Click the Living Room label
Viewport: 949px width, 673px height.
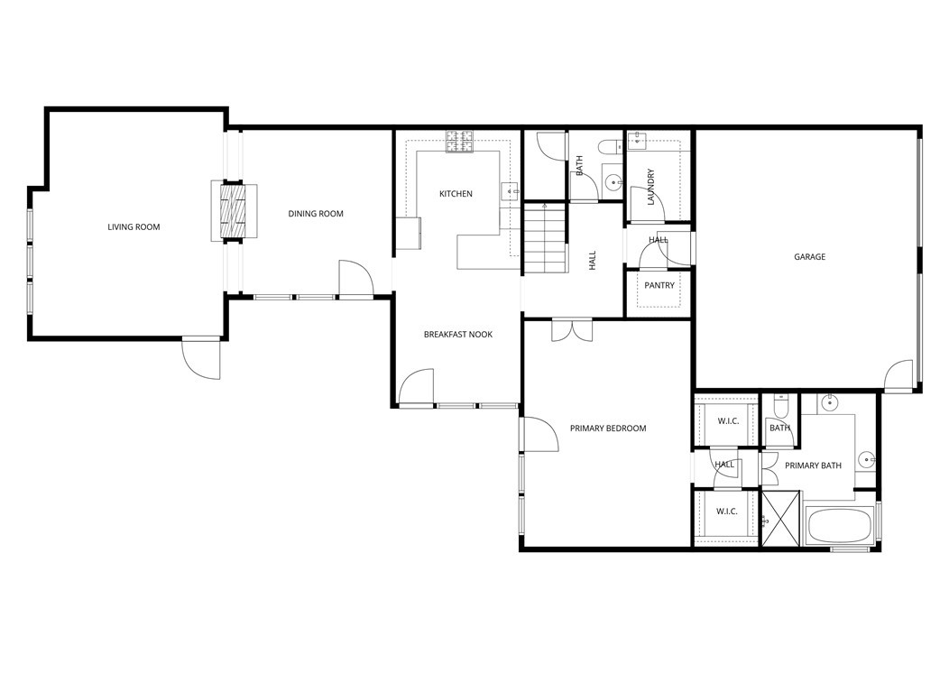click(134, 226)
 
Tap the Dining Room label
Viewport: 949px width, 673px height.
click(316, 214)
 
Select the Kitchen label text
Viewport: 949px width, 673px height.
click(456, 194)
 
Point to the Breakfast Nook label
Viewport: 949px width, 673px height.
click(458, 335)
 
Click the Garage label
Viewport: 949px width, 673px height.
click(809, 257)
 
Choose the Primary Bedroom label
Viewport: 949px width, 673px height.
click(608, 429)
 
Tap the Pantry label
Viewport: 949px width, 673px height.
click(659, 285)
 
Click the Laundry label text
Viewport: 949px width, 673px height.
click(650, 187)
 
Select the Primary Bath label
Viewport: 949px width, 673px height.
click(813, 466)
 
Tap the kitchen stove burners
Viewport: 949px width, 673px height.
click(459, 141)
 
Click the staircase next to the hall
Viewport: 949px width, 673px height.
click(545, 239)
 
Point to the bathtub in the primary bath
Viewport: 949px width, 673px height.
click(838, 527)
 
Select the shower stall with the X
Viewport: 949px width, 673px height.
click(781, 519)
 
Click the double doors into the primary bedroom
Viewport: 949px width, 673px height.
click(570, 329)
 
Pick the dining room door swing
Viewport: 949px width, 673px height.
click(355, 278)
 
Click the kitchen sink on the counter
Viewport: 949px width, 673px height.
click(510, 190)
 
